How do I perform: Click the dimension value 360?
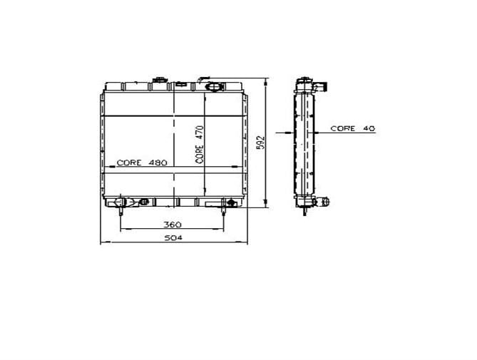(x=173, y=225)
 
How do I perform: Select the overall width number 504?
(x=173, y=238)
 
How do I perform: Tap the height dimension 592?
(x=261, y=143)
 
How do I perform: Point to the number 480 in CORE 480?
(x=158, y=163)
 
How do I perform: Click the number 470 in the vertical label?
(x=200, y=133)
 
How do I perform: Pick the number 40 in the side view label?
(x=369, y=128)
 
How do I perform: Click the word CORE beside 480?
(x=129, y=163)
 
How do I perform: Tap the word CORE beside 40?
(x=343, y=128)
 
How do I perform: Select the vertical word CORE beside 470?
(x=200, y=154)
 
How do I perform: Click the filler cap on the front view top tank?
(x=160, y=80)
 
